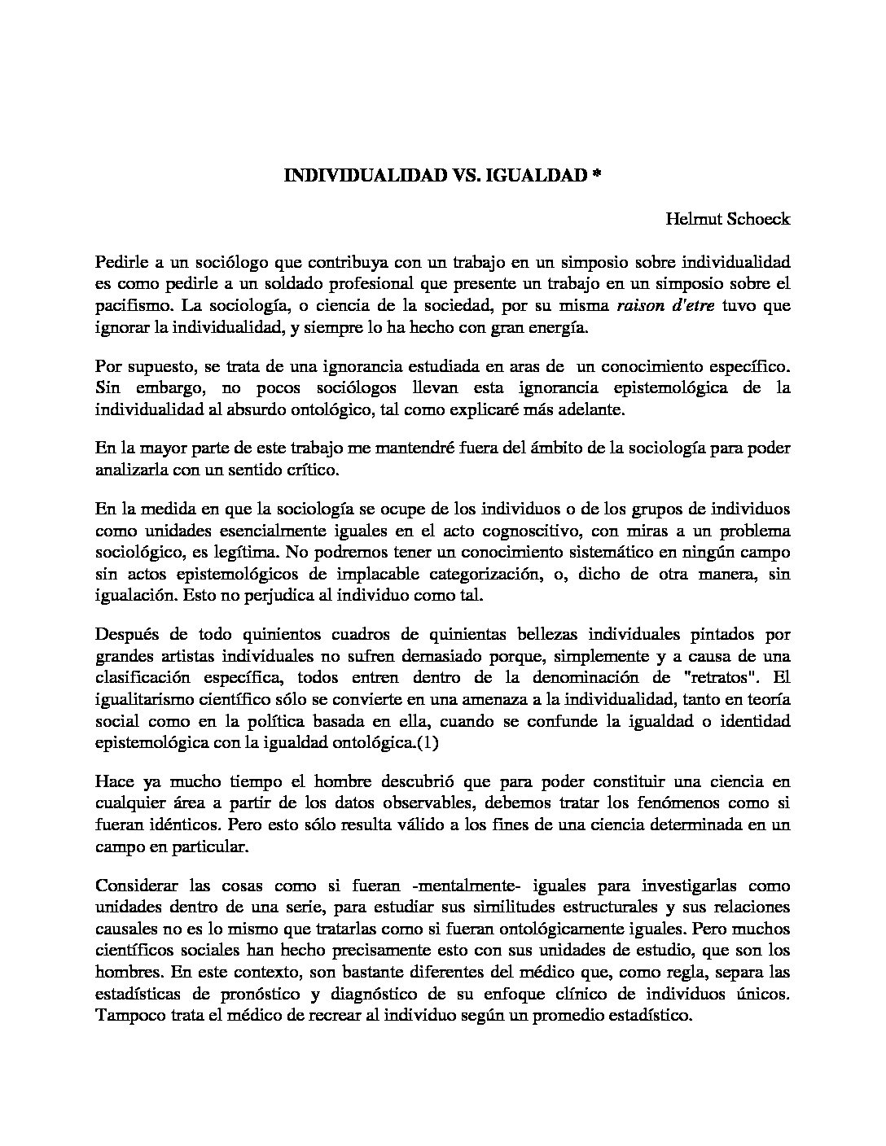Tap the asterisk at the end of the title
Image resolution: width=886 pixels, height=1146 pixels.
597,175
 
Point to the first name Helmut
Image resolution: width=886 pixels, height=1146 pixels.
692,219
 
